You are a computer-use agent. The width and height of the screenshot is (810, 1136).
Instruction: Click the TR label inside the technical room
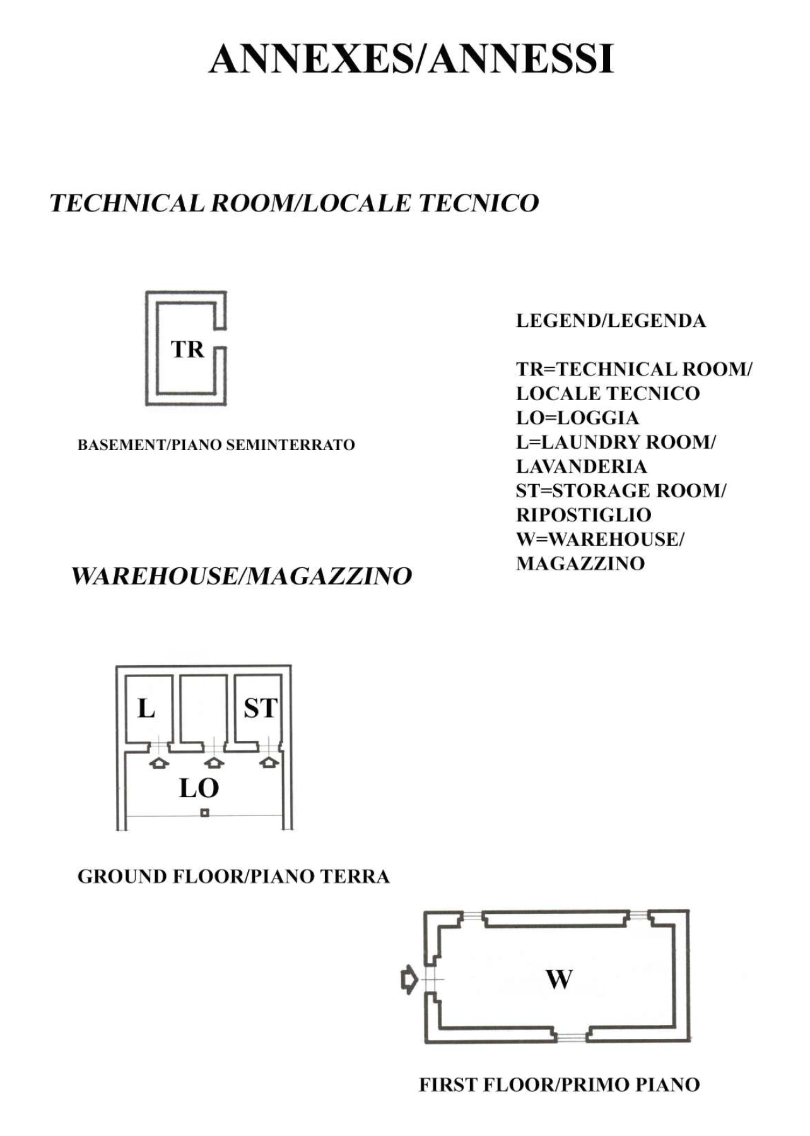pos(187,349)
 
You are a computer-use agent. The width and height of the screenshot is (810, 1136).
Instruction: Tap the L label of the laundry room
pos(146,708)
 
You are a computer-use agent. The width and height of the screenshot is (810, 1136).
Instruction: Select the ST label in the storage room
pos(261,708)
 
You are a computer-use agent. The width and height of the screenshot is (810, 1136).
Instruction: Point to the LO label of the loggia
pos(199,788)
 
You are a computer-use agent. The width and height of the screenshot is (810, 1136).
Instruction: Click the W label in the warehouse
pos(559,979)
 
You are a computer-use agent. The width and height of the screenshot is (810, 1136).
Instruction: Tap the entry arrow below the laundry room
pos(159,763)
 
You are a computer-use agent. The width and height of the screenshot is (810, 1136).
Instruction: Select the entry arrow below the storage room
pos(269,762)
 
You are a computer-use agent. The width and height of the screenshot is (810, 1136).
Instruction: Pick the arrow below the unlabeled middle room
pos(214,763)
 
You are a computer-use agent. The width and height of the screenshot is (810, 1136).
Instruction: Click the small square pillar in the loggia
pos(204,813)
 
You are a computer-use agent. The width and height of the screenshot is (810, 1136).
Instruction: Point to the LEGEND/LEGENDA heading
pos(611,321)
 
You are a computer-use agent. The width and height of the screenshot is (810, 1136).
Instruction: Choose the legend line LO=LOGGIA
pos(577,418)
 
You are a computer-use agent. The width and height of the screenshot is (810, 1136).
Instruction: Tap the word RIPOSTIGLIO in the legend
pos(584,515)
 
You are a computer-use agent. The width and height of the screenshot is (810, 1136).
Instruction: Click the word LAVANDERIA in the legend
pos(582,466)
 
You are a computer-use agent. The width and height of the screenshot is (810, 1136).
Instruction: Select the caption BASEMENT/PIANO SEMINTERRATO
pos(216,445)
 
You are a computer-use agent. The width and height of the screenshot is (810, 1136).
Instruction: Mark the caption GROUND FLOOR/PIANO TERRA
pos(233,877)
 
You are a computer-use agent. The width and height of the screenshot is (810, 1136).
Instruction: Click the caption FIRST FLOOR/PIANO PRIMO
pos(560,1085)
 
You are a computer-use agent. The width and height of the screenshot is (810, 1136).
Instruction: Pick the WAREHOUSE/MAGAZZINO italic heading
pos(242,576)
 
